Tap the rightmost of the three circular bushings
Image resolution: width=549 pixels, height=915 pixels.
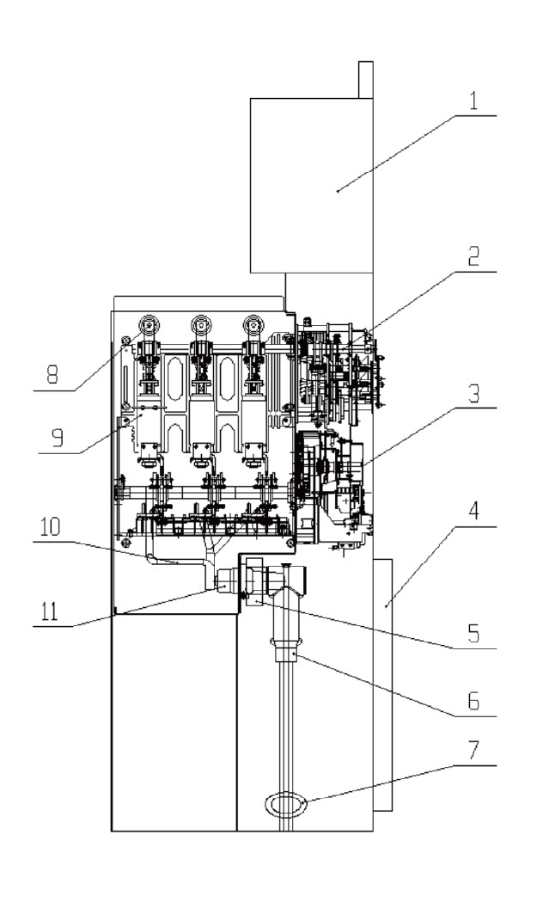click(253, 325)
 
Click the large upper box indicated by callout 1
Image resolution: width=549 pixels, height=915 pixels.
click(310, 185)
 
